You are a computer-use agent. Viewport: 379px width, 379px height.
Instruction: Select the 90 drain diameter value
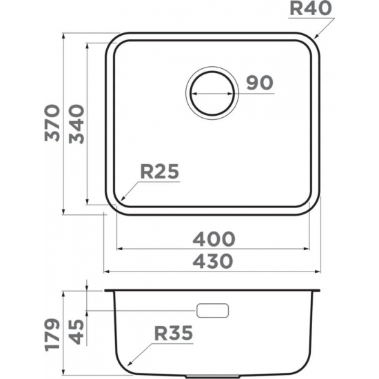tap(259, 83)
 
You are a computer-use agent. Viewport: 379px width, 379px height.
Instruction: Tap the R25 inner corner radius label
tap(159, 172)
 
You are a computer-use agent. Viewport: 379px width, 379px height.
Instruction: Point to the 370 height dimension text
tap(53, 123)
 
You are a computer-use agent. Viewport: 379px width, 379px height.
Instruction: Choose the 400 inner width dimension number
tap(214, 238)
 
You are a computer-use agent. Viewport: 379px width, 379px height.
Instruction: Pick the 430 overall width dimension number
tap(214, 261)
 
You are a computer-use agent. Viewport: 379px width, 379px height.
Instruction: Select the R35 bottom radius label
tap(172, 334)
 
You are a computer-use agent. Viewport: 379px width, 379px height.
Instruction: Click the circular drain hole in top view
tap(212, 93)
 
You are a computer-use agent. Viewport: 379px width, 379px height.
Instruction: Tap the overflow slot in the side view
tap(212, 310)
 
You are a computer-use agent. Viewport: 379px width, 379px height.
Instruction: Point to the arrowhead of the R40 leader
tap(316, 36)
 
